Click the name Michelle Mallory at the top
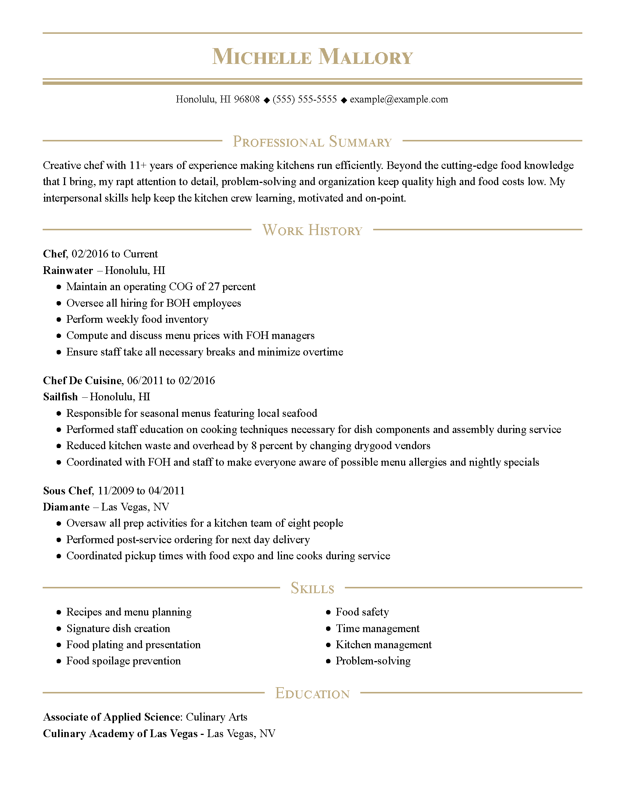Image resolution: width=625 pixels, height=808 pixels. (x=312, y=57)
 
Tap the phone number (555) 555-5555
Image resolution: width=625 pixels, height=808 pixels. (x=305, y=99)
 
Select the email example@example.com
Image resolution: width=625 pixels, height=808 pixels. (x=399, y=99)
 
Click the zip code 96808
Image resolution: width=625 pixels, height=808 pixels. (x=247, y=99)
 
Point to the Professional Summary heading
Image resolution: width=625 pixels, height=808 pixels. (x=312, y=142)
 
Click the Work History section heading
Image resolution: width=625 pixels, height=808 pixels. (x=312, y=230)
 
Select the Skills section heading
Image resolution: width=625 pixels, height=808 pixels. (x=312, y=588)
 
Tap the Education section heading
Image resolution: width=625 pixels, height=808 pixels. (x=312, y=694)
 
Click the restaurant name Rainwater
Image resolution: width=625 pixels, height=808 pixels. (x=68, y=270)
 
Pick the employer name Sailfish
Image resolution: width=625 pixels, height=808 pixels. (x=60, y=397)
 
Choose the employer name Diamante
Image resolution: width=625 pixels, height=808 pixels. (x=66, y=507)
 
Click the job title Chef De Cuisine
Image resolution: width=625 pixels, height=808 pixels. (x=82, y=380)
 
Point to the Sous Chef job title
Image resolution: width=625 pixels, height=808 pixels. (x=67, y=491)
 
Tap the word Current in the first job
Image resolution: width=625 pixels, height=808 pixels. (x=140, y=254)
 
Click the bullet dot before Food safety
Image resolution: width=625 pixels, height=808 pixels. (x=328, y=612)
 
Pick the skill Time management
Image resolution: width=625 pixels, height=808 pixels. (x=377, y=628)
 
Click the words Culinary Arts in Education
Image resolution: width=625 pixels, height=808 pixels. (x=216, y=717)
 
